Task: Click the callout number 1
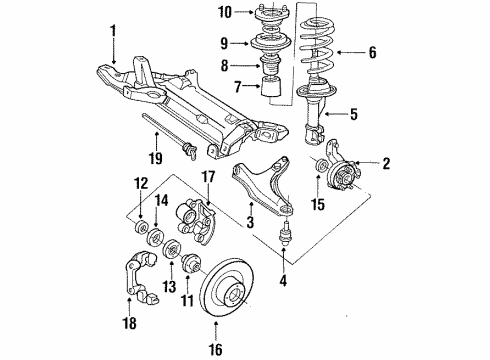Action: pyautogui.click(x=114, y=31)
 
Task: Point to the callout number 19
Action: pyautogui.click(x=155, y=158)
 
